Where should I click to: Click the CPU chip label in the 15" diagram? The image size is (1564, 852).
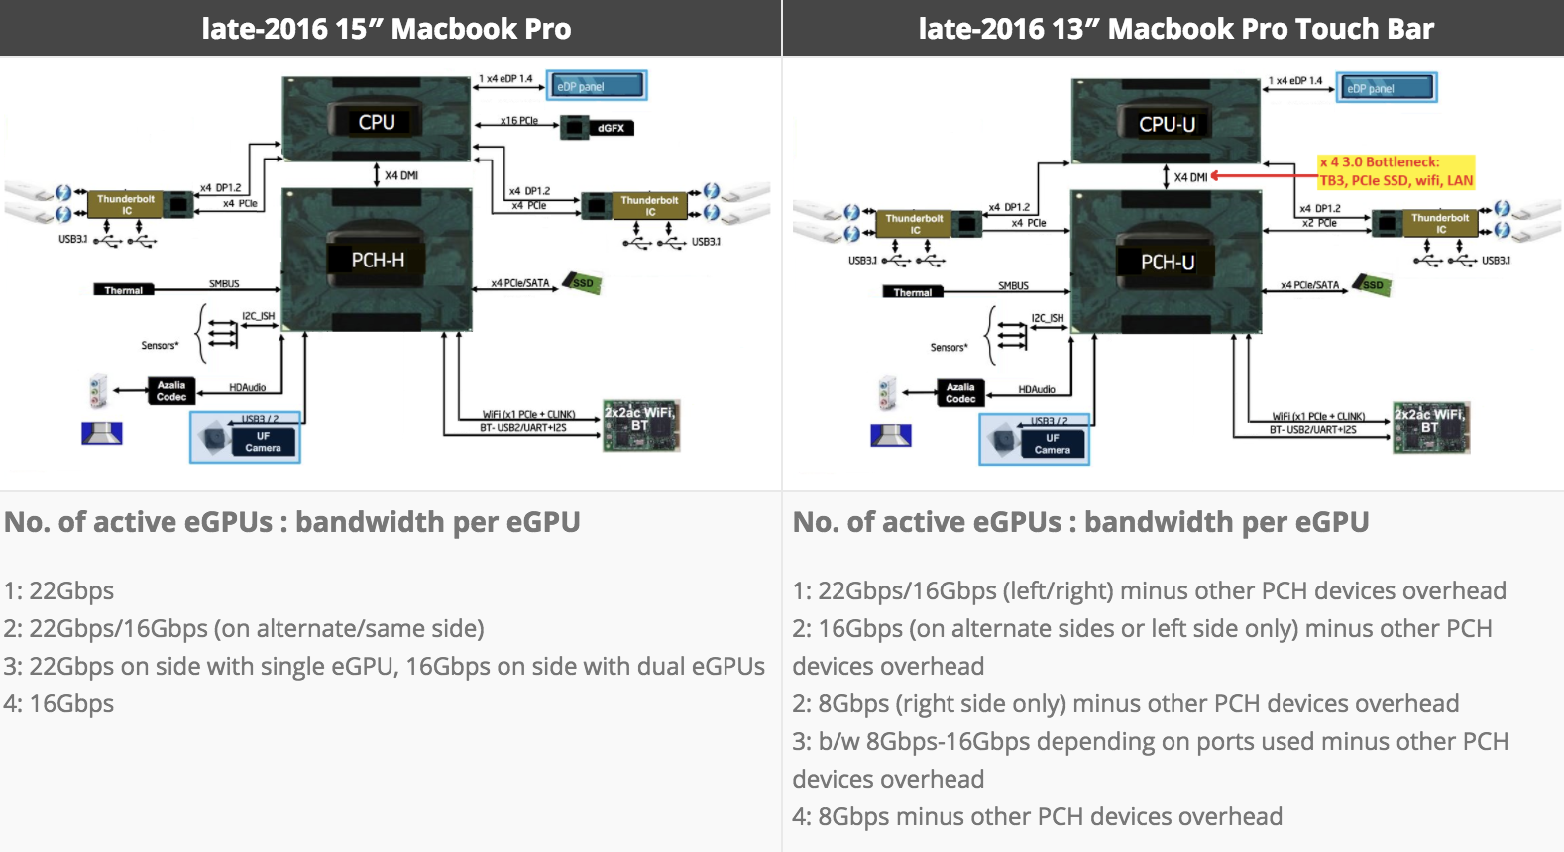[377, 122]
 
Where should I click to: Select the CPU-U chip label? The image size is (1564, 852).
[1167, 124]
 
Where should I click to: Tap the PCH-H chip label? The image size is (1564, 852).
[378, 260]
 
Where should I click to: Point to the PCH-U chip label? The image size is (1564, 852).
[1167, 262]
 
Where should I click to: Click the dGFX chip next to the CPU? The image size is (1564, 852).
[598, 127]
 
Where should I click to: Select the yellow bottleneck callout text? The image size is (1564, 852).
[1396, 171]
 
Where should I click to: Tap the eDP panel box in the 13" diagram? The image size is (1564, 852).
[1386, 88]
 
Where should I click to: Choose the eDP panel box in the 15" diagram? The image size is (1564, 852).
[597, 86]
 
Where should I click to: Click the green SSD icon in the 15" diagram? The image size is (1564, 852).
[583, 283]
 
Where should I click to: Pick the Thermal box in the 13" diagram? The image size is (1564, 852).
[913, 292]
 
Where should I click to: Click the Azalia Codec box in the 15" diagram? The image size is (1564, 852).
[170, 391]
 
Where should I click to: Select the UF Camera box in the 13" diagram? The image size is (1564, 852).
[1036, 440]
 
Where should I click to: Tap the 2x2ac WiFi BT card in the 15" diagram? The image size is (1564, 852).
[641, 425]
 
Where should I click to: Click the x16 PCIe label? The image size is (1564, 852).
[518, 121]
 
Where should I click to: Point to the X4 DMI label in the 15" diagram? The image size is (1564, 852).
[401, 175]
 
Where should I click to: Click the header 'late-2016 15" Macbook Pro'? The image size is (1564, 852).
[387, 29]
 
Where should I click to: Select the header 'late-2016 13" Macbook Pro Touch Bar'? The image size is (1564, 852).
[1175, 29]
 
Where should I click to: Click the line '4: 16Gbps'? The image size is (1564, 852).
[59, 704]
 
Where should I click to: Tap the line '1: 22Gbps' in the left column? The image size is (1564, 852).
[59, 591]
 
